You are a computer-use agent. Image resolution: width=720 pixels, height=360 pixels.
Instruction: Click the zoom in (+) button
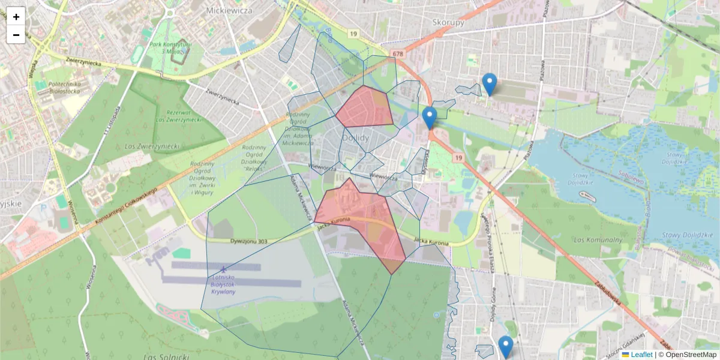(x=16, y=17)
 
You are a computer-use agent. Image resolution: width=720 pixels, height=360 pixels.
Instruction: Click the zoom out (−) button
(x=16, y=35)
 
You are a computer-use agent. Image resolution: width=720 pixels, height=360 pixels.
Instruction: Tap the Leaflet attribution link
(x=641, y=355)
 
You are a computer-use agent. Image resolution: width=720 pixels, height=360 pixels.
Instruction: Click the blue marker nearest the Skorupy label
(x=490, y=84)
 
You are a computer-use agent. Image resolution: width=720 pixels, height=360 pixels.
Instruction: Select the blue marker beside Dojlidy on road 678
(x=429, y=118)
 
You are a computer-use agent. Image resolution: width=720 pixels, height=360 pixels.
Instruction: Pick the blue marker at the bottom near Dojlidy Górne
(x=506, y=347)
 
